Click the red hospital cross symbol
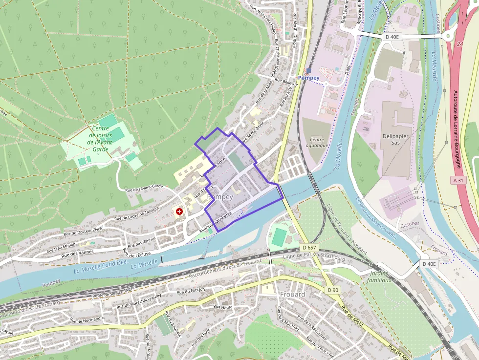179,212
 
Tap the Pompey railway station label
308,78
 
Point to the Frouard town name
293,295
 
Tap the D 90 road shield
333,290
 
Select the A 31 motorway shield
458,180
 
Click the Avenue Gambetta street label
216,222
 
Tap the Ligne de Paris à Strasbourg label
315,256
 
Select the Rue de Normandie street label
87,320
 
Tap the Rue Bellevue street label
286,81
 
